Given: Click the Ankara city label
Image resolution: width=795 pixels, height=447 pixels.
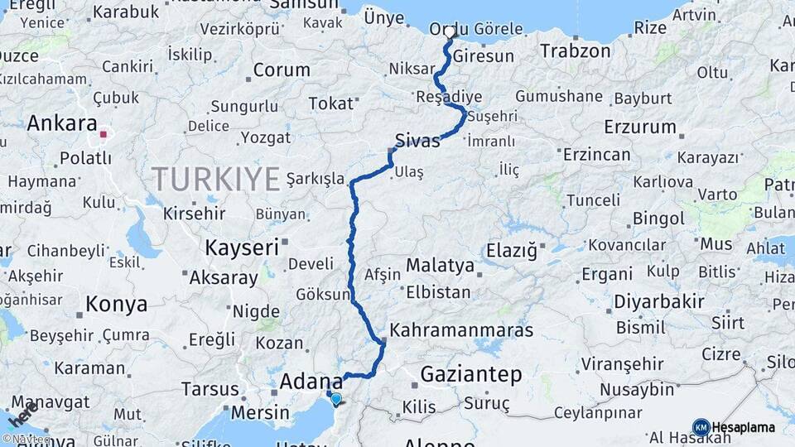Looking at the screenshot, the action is (62, 123).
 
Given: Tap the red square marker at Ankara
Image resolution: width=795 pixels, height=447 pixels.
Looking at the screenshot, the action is (104, 134).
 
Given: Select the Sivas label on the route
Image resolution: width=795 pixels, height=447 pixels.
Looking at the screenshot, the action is (417, 140).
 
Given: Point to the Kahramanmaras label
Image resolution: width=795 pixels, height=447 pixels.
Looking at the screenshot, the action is (461, 329).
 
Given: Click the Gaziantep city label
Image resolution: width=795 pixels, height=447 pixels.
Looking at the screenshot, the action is (471, 374).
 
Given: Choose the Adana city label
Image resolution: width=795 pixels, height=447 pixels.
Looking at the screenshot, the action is (311, 382).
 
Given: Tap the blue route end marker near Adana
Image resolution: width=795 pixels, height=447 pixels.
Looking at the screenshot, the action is (335, 399).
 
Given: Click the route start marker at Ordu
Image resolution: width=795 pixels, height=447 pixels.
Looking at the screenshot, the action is (450, 33).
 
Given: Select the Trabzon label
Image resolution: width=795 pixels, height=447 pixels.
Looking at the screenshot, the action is (576, 51).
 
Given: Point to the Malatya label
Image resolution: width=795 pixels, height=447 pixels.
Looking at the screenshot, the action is (440, 266).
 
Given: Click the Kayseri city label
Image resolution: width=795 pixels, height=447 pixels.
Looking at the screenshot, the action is (241, 248).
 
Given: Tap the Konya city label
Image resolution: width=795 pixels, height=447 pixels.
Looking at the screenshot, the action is (117, 304).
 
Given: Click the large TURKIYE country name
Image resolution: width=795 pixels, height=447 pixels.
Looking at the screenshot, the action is (216, 180).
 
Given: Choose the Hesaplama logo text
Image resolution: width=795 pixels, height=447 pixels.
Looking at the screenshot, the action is (743, 428).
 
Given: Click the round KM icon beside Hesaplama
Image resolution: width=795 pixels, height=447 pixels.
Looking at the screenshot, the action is (701, 427).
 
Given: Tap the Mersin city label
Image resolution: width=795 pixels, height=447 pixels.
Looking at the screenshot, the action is (261, 412).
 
